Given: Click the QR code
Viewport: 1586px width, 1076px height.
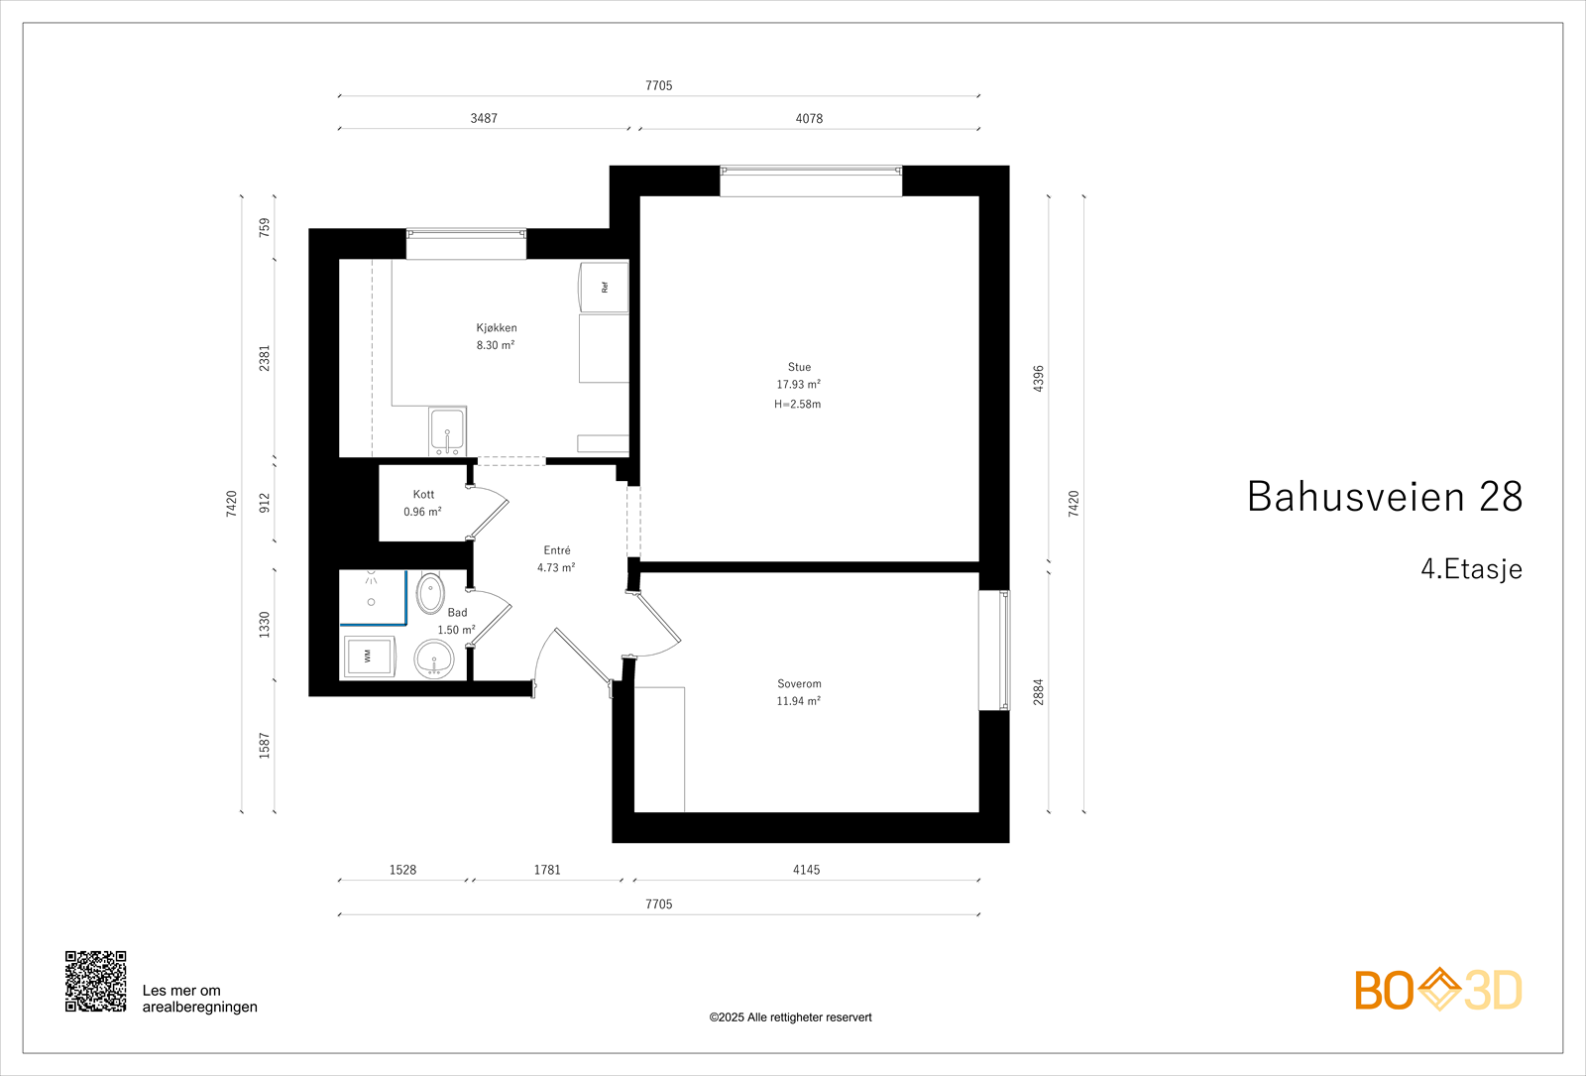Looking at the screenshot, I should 95,981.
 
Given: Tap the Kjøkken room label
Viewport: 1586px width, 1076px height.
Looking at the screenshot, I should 496,328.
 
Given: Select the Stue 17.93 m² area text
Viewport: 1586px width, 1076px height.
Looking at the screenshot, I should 798,385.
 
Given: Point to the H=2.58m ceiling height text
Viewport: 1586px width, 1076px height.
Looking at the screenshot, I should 797,404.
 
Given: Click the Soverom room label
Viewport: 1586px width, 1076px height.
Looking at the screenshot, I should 799,684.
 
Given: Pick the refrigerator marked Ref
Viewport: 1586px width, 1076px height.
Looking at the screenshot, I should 603,287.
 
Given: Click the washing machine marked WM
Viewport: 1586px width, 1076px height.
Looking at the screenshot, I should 368,656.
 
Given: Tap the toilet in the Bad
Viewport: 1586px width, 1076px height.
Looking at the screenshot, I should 430,594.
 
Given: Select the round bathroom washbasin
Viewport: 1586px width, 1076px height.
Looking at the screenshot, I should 433,658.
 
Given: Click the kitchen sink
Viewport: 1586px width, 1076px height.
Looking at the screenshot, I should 447,431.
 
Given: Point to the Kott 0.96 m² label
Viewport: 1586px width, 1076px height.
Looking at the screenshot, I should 422,503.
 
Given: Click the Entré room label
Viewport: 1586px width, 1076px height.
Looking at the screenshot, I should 556,550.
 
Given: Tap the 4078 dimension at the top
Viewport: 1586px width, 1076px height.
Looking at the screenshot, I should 809,118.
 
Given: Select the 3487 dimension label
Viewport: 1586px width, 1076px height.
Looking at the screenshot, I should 484,118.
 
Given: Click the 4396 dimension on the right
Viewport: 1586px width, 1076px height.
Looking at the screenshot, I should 1038,378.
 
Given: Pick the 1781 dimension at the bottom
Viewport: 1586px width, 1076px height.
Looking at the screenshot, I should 547,870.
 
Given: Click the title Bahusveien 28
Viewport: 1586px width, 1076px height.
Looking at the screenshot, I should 1384,497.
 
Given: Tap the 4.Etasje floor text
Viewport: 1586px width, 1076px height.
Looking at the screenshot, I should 1470,569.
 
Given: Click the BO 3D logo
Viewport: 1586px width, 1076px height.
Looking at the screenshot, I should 1437,990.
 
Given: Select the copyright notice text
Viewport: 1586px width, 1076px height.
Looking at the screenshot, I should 790,1017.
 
